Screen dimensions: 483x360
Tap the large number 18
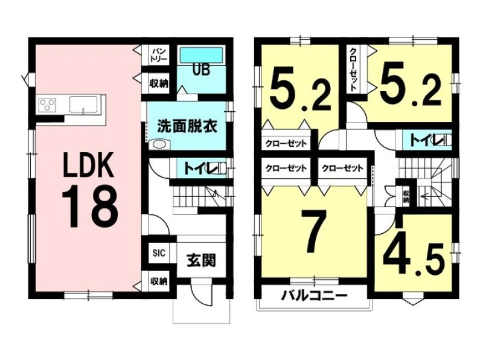pos(90,207)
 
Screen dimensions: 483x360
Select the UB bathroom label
pos(201,69)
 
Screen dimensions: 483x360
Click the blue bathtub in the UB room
pos(201,55)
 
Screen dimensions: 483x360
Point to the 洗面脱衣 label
pos(187,126)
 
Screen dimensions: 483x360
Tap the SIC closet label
pos(159,253)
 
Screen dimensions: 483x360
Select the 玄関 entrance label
pos(202,261)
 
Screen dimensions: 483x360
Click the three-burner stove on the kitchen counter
pos(48,103)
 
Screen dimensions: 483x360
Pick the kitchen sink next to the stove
pos(83,104)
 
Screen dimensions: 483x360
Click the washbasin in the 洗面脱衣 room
pos(159,144)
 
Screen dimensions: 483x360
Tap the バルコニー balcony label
pos(315,296)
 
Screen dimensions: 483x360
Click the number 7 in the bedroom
pos(313,231)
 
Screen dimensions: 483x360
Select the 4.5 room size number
pos(414,259)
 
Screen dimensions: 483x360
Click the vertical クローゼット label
pos(353,69)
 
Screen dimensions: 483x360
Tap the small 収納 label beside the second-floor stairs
pos(406,197)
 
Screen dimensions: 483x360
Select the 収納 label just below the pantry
pos(159,83)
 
